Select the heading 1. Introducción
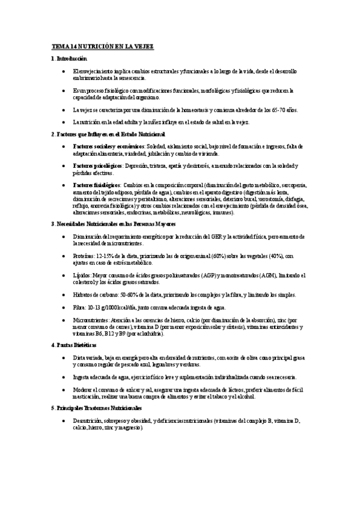pos(69,58)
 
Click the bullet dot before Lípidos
pos(64,275)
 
